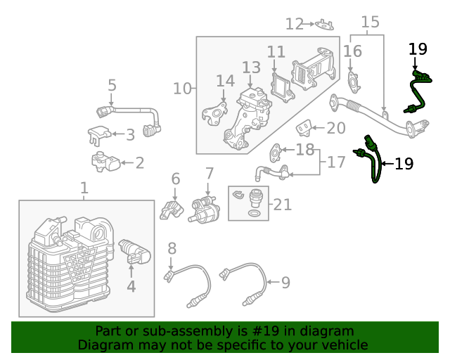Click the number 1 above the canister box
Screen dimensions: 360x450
[x=84, y=188]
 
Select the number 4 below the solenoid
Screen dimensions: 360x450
[x=130, y=285]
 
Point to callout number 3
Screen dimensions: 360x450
[x=130, y=134]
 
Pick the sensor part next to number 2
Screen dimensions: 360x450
[x=105, y=162]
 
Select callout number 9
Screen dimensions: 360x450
[x=285, y=283]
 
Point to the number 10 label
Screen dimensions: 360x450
[x=182, y=89]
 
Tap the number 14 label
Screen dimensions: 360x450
[x=225, y=81]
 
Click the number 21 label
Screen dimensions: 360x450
[x=282, y=205]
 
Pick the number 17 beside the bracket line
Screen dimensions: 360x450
[x=336, y=162]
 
